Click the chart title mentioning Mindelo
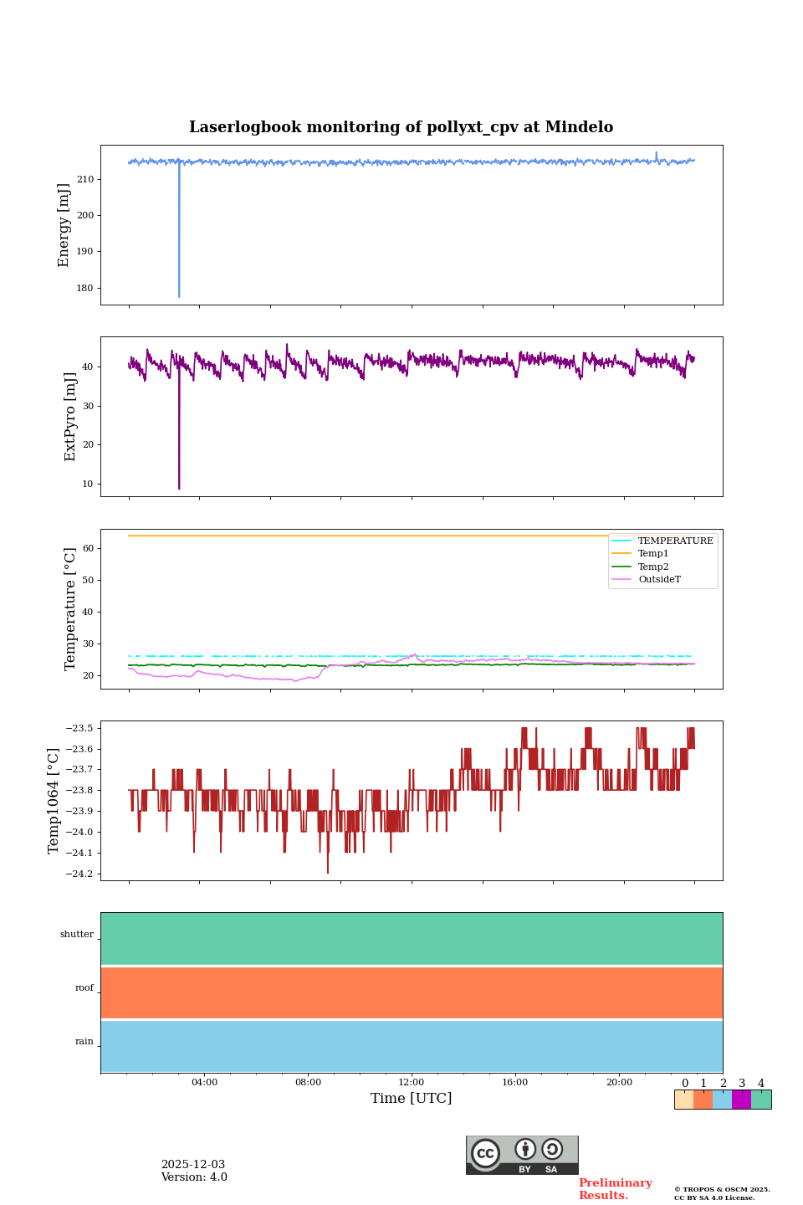tap(401, 127)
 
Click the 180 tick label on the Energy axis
tap(84, 288)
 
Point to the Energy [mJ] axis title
tap(64, 225)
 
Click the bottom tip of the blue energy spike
tap(179, 296)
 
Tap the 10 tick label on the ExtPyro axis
tap(88, 484)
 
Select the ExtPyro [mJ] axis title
tap(70, 417)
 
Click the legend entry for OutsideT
tap(659, 579)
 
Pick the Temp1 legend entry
tap(653, 554)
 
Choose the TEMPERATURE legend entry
tap(675, 541)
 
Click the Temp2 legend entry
tap(653, 567)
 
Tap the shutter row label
tap(77, 935)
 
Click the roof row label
tap(84, 988)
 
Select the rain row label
tap(84, 1042)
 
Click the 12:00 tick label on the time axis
tap(412, 1082)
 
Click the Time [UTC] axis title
tap(412, 1098)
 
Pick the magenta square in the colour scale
tap(741, 1100)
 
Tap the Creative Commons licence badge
tap(522, 1155)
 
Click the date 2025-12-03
tap(193, 1165)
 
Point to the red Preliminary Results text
tap(615, 1189)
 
